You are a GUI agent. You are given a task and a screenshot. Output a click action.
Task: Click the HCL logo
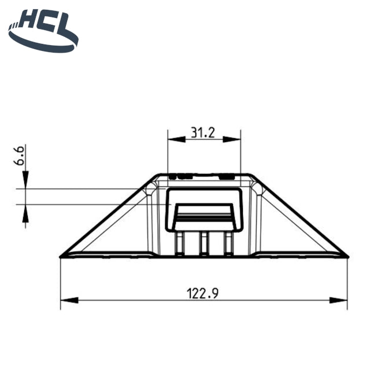pyautogui.click(x=43, y=31)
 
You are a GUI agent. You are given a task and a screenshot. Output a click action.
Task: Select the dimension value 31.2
pyautogui.click(x=203, y=132)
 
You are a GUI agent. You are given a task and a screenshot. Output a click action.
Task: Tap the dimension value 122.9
pyautogui.click(x=203, y=293)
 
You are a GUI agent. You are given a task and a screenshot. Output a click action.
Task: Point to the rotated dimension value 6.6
pyautogui.click(x=18, y=156)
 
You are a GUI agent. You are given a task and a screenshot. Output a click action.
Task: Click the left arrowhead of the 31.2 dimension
pyautogui.click(x=176, y=139)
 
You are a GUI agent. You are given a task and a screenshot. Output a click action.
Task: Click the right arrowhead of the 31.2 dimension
pyautogui.click(x=232, y=139)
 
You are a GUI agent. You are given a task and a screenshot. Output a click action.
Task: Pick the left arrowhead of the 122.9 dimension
pyautogui.click(x=69, y=301)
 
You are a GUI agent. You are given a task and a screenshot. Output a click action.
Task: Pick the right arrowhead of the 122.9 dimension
pyautogui.click(x=338, y=301)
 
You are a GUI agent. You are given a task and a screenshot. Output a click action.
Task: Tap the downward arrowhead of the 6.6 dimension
pyautogui.click(x=25, y=180)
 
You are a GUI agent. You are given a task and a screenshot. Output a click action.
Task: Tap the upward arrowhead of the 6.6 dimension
pyautogui.click(x=25, y=213)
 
